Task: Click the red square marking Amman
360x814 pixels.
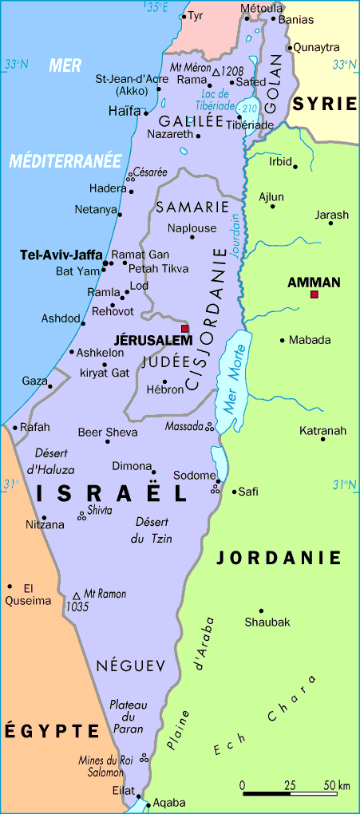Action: [x=315, y=295]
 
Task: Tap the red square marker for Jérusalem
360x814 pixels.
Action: [x=185, y=328]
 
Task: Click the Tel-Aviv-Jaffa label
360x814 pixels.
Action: [x=61, y=255]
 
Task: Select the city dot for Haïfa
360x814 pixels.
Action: [x=146, y=113]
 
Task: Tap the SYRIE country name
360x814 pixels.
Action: [x=324, y=104]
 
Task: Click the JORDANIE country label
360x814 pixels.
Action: [x=279, y=558]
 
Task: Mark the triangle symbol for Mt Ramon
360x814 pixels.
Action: [x=77, y=595]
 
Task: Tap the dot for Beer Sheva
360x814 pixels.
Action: [x=108, y=441]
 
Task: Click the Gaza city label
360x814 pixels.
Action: [x=34, y=381]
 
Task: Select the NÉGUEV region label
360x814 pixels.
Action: [x=130, y=665]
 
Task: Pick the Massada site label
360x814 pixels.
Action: [x=184, y=427]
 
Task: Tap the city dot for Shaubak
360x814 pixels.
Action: [x=261, y=610]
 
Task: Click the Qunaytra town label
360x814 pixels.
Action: [x=316, y=48]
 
